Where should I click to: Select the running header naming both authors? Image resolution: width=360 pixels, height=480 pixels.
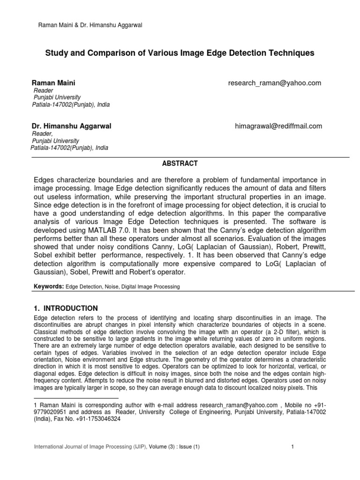[90, 25]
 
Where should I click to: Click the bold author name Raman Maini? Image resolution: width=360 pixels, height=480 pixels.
[53, 83]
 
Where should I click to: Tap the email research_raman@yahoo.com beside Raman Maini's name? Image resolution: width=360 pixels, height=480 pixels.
[275, 83]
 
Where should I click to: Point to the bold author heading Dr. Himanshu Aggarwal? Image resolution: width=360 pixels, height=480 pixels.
[71, 126]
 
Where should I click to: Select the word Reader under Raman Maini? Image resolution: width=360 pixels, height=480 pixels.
[44, 90]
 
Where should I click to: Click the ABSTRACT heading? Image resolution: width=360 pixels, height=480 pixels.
[180, 164]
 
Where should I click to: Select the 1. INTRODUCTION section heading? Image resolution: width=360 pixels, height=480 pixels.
[66, 308]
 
